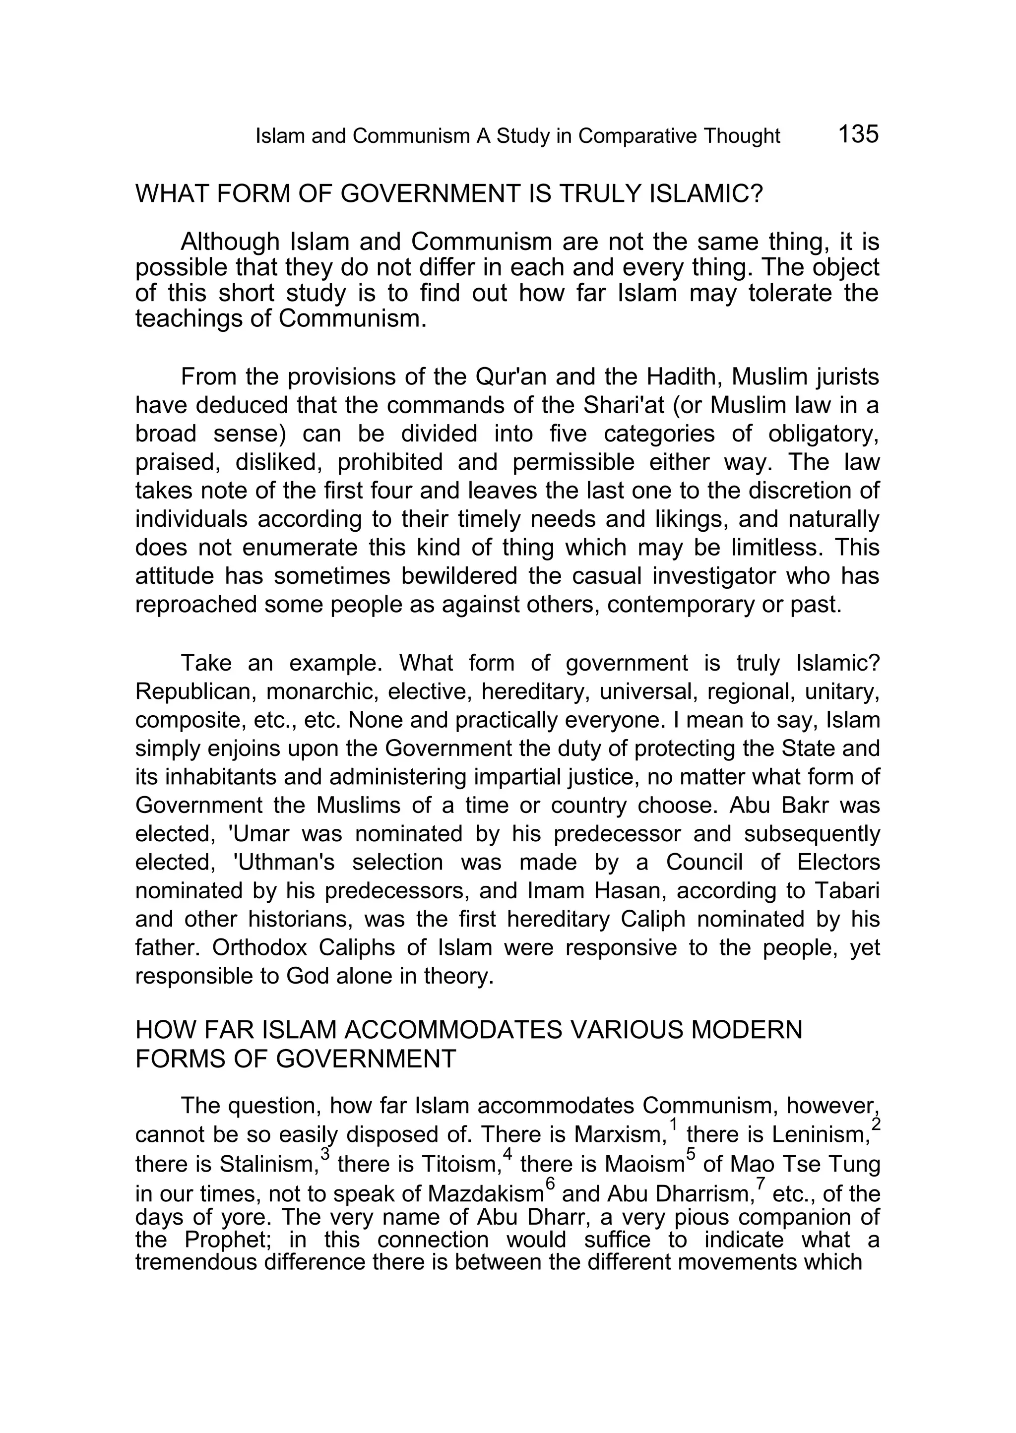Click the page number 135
(x=858, y=134)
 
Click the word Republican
(x=196, y=692)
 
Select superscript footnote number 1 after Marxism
(x=673, y=1124)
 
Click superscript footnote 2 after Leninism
(x=875, y=1124)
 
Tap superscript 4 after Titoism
(x=508, y=1153)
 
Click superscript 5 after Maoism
(x=690, y=1153)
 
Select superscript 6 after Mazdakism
(x=550, y=1183)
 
